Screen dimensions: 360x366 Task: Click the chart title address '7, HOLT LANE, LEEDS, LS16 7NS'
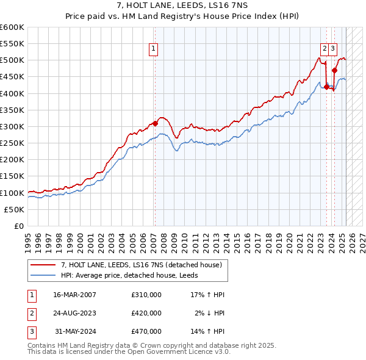point(182,5)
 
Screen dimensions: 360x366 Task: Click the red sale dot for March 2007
point(155,123)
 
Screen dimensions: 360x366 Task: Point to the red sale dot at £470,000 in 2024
point(335,70)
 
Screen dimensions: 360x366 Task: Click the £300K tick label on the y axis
point(12,126)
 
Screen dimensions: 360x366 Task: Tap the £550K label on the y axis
point(12,44)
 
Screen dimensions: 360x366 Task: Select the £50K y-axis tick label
point(14,209)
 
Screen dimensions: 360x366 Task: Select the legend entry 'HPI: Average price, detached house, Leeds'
point(134,275)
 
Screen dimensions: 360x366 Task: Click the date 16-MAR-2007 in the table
point(75,294)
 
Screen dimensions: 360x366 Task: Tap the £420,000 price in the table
point(146,313)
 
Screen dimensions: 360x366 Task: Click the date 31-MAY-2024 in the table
point(75,332)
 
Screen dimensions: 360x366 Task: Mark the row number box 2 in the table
point(30,313)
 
